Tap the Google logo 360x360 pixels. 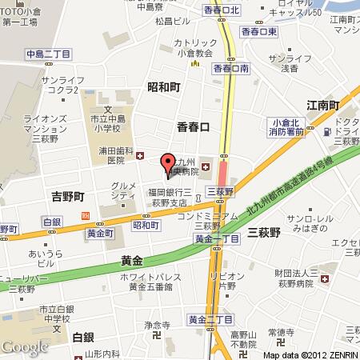tap(25, 346)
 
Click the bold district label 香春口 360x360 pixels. tap(193, 126)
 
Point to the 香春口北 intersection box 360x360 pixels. tap(222, 10)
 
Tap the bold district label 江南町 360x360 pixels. tap(323, 106)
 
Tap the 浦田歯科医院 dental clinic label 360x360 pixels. tap(115, 156)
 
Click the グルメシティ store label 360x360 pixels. tap(122, 190)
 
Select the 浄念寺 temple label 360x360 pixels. tap(158, 326)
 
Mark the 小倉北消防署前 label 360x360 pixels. tap(286, 126)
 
